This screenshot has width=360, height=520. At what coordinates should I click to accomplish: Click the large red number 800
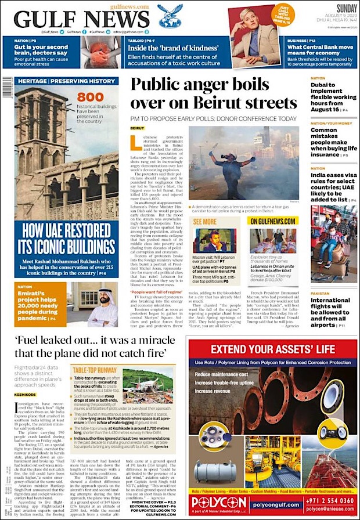90,98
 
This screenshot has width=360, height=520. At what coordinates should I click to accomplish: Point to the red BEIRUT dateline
138,127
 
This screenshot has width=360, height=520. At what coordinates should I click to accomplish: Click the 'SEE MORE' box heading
204,221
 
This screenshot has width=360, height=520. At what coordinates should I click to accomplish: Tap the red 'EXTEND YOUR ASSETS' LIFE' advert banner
272,349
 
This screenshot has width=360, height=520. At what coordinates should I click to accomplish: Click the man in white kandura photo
102,305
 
